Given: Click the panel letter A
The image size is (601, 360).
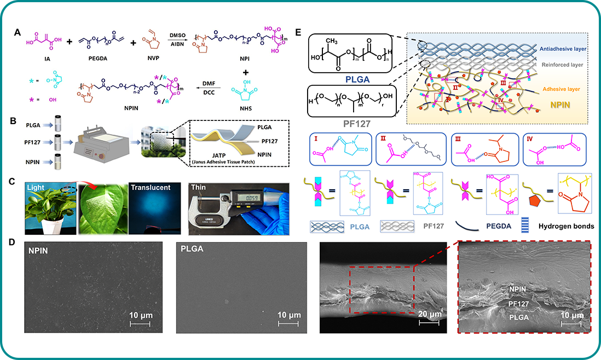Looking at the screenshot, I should click(18, 32).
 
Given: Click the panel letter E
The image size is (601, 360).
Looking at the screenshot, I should click(298, 32).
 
